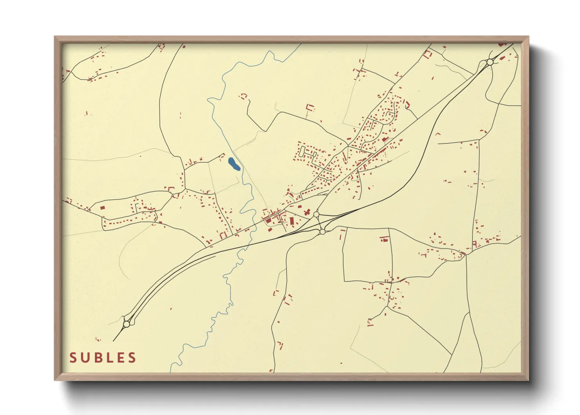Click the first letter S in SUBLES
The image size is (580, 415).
73,358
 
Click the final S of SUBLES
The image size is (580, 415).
132,358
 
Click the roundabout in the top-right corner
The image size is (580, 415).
489,62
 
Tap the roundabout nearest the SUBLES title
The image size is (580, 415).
127,324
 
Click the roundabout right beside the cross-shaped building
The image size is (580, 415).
316,215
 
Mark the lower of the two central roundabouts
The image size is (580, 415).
322,232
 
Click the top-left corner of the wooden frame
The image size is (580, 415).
55,37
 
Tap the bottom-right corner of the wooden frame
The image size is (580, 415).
528,380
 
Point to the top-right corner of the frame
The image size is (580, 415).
528,37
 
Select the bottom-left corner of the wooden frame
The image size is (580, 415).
55,380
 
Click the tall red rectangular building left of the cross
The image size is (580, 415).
292,221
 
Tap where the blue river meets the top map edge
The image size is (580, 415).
301,44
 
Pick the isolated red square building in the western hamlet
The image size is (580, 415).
103,207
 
